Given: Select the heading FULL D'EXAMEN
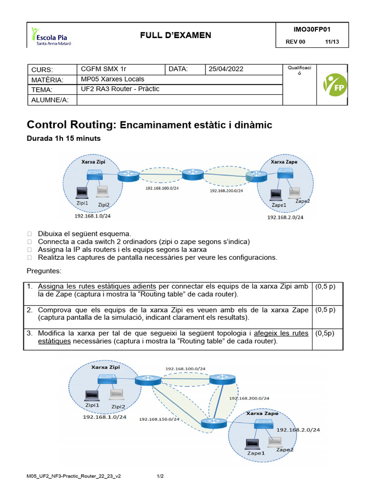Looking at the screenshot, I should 176,35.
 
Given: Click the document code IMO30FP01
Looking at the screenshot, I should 312,29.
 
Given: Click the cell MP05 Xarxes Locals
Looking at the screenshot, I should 112,79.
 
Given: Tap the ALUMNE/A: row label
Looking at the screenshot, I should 50,100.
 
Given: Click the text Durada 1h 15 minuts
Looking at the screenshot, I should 63,139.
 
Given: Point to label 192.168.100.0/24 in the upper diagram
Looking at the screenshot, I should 161,187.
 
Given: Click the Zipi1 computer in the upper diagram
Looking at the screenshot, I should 82,192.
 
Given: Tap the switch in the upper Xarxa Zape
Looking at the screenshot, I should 284,173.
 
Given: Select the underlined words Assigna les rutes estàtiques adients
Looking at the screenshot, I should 97,287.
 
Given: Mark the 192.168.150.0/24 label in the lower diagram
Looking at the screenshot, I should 159,419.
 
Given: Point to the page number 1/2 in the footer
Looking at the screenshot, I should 160,476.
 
